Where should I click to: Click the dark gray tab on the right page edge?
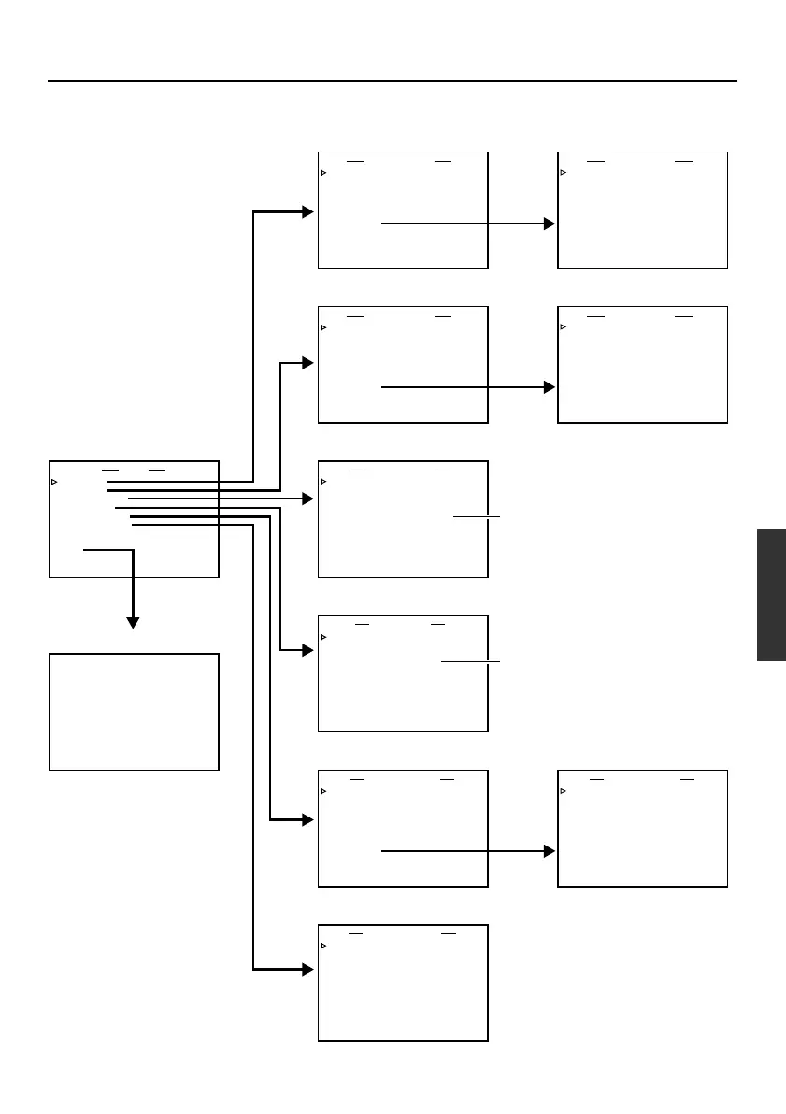pyautogui.click(x=771, y=595)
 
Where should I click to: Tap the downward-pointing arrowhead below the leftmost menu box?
pyautogui.click(x=133, y=622)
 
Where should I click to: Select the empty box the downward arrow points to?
pyautogui.click(x=134, y=712)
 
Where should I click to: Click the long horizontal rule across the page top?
pyautogui.click(x=393, y=81)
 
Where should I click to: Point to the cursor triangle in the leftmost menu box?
pyautogui.click(x=54, y=482)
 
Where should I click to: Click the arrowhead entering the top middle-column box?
pyautogui.click(x=308, y=212)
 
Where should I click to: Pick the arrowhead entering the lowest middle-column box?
pyautogui.click(x=308, y=970)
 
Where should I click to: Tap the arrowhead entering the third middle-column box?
pyautogui.click(x=308, y=500)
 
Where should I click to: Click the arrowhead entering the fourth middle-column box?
pyautogui.click(x=308, y=650)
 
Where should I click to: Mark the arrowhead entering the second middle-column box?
pyautogui.click(x=308, y=363)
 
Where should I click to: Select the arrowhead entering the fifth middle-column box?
pyautogui.click(x=308, y=820)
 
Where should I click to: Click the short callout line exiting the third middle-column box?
pyautogui.click(x=477, y=516)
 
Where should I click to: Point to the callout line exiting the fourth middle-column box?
pyautogui.click(x=470, y=662)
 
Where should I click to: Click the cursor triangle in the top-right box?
pyautogui.click(x=564, y=173)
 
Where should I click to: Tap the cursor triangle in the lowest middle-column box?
pyautogui.click(x=323, y=946)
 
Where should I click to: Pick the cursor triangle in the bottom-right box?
pyautogui.click(x=564, y=791)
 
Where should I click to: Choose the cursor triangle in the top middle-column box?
pyautogui.click(x=323, y=173)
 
